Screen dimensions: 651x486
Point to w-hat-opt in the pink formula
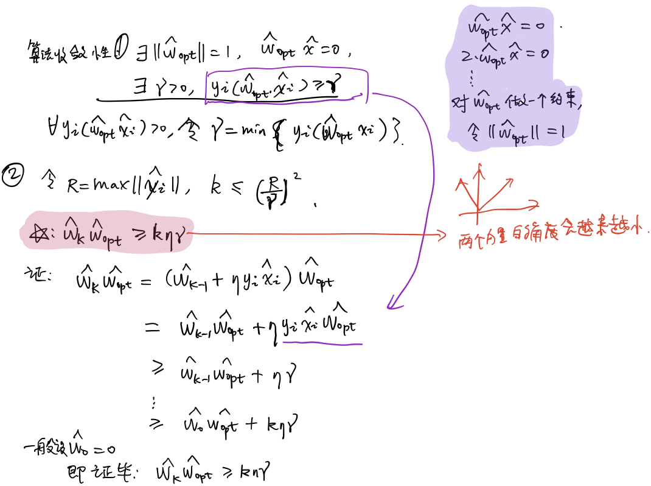pyautogui.click(x=105, y=234)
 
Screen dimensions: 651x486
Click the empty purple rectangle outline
pyautogui.click(x=287, y=88)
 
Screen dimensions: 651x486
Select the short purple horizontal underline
pyautogui.click(x=322, y=343)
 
